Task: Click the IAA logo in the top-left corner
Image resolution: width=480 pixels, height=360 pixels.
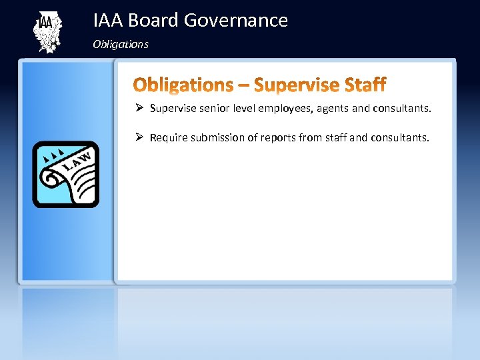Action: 47,31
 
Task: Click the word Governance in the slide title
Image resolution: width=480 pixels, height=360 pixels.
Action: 235,21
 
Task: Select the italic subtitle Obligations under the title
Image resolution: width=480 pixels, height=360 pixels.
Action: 121,45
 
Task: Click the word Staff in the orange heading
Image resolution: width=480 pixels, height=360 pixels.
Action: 365,85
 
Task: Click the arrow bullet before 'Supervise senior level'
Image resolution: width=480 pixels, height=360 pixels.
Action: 139,108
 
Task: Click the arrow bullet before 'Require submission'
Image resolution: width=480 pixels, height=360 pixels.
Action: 139,137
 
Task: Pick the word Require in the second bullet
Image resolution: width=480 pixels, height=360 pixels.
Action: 169,138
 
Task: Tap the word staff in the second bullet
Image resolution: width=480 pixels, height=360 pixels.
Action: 335,138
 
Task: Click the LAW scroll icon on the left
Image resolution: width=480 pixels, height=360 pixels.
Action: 66,174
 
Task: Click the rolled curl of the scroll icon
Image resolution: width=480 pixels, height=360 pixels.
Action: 52,179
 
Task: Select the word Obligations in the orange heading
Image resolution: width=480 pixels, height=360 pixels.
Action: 183,85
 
